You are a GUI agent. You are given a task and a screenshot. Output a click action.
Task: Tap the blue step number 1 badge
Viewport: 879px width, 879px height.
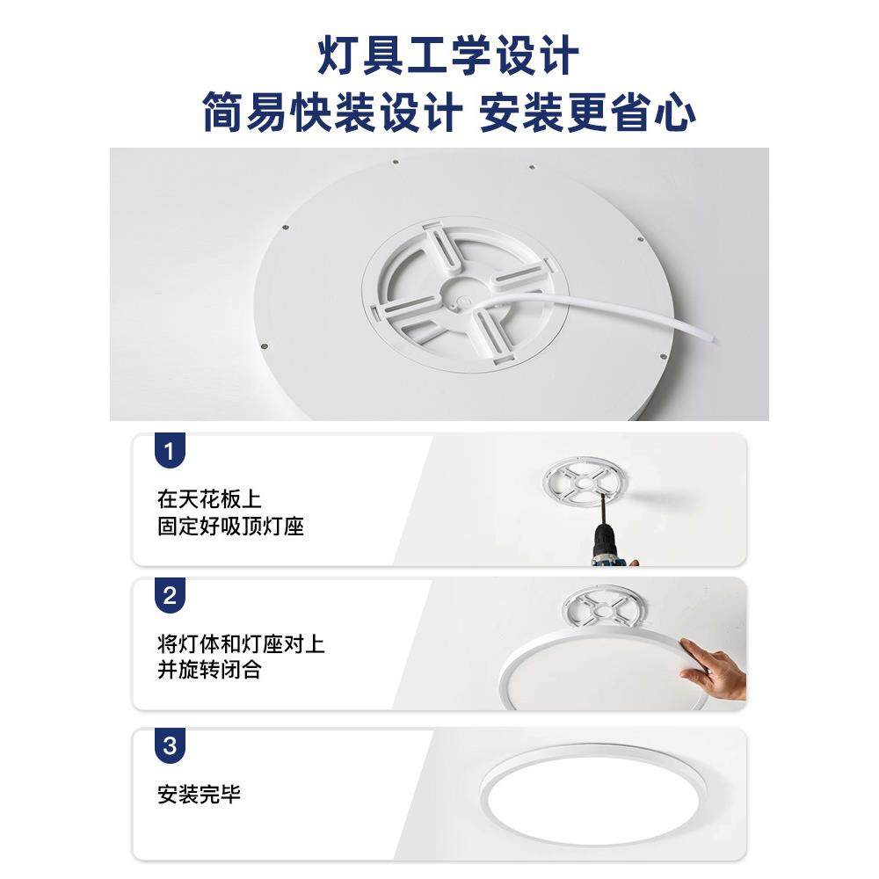pyautogui.click(x=170, y=453)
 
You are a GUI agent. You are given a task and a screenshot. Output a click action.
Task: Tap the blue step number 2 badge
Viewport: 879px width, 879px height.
pyautogui.click(x=170, y=596)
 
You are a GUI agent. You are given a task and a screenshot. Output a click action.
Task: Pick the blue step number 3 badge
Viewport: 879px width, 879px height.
pyautogui.click(x=170, y=747)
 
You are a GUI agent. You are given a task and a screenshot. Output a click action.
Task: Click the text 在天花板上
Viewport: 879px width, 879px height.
pyautogui.click(x=209, y=500)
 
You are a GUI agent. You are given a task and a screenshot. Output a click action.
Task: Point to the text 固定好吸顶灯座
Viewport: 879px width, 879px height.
pyautogui.click(x=230, y=527)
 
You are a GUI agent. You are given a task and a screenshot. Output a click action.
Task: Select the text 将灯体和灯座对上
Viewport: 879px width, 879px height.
pyautogui.click(x=241, y=643)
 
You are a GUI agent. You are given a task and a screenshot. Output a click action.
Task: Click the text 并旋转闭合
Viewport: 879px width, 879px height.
pyautogui.click(x=209, y=671)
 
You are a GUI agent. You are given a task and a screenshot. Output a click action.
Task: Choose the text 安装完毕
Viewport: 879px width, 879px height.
pyautogui.click(x=199, y=795)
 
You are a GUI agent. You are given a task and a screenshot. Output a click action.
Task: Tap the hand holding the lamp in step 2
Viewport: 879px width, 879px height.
pyautogui.click(x=714, y=670)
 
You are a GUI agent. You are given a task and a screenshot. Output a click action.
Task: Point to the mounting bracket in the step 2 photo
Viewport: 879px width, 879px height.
pyautogui.click(x=601, y=607)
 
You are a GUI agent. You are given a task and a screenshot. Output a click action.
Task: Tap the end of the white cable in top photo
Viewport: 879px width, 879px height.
pyautogui.click(x=714, y=339)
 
